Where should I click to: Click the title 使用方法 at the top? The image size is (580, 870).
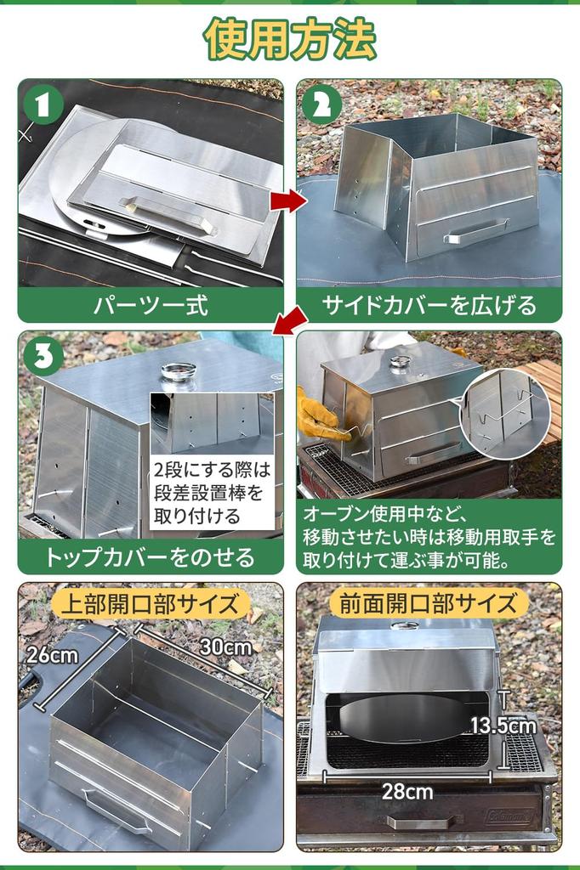tap(290, 38)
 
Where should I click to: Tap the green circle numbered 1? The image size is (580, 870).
tap(43, 104)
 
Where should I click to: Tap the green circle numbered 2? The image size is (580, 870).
tap(321, 104)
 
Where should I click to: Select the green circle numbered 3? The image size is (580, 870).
tap(43, 356)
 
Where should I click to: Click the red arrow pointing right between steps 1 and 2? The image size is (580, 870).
tap(288, 201)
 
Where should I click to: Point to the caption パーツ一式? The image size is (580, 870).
tap(151, 305)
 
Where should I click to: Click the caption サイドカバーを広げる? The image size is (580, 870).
tap(429, 305)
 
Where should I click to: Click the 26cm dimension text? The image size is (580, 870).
tap(52, 655)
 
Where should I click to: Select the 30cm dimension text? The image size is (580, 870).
tap(225, 647)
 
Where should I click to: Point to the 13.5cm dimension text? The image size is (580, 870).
tap(504, 726)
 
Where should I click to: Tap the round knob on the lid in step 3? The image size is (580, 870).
tap(179, 370)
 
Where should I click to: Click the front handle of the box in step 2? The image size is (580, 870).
tap(475, 233)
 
